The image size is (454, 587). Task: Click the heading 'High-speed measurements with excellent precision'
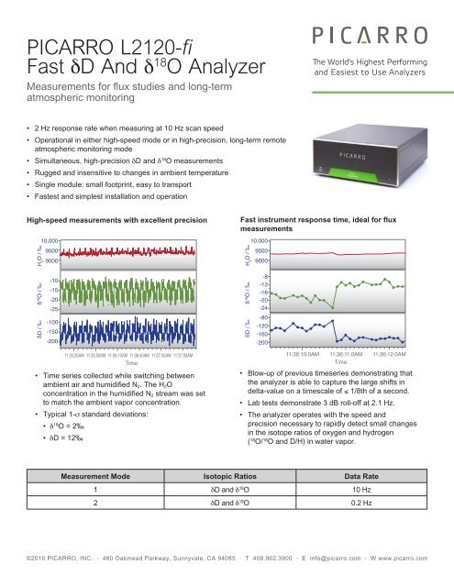(112, 222)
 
